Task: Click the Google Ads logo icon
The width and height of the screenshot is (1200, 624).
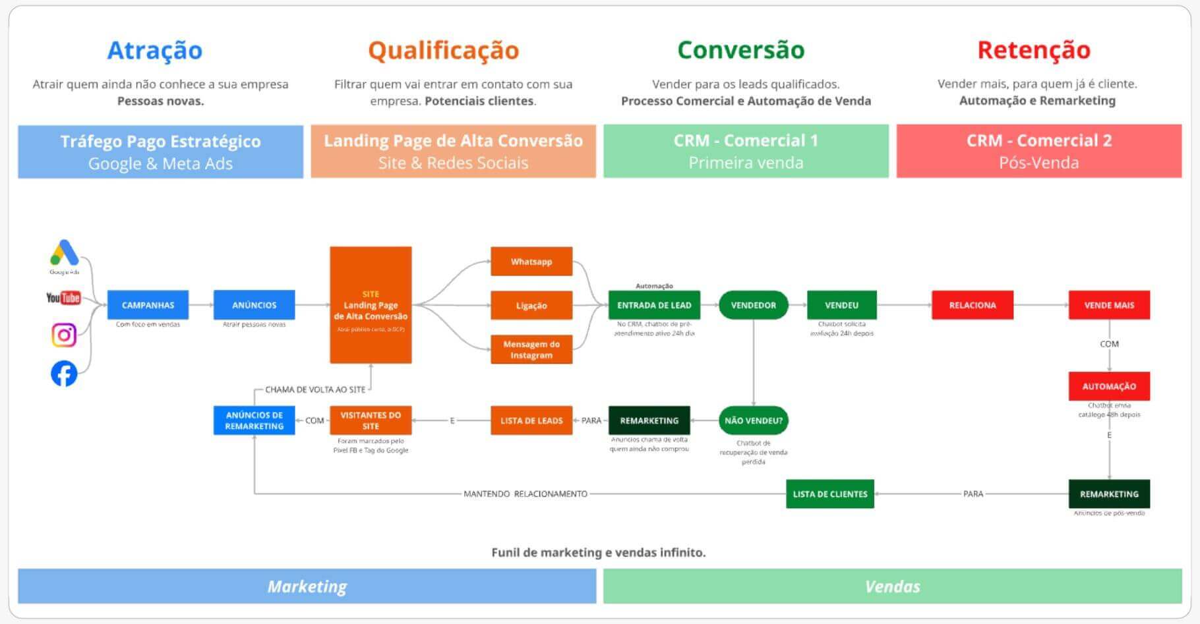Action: click(x=65, y=253)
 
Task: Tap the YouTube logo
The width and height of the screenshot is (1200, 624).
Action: click(x=63, y=298)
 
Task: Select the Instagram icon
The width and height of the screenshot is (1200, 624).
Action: click(x=64, y=335)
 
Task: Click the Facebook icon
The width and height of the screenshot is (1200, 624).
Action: click(x=64, y=374)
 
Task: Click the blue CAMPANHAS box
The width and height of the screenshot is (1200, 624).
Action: click(x=148, y=305)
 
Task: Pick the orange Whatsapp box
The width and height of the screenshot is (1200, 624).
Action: click(x=531, y=262)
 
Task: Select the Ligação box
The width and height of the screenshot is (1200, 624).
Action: click(x=531, y=306)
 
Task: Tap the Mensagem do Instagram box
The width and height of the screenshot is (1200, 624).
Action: click(x=531, y=349)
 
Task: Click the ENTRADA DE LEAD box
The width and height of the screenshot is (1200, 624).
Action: click(x=654, y=305)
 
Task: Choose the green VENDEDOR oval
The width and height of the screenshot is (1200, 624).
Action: click(x=753, y=305)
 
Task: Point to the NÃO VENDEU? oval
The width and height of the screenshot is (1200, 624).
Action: click(x=753, y=420)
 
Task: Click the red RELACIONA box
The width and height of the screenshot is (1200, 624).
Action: click(x=972, y=305)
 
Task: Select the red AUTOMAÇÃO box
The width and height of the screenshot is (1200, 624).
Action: click(x=1109, y=386)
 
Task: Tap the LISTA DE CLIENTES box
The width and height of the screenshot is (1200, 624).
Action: click(x=829, y=494)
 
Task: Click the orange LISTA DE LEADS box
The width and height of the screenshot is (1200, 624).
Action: click(x=531, y=420)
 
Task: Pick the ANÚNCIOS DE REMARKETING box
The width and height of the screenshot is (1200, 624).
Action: click(x=254, y=420)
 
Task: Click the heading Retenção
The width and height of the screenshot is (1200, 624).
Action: click(x=1033, y=50)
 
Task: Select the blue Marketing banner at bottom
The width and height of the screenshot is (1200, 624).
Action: click(x=307, y=586)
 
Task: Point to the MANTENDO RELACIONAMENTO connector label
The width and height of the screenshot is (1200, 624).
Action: click(x=525, y=494)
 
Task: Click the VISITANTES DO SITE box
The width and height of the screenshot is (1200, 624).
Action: click(x=371, y=420)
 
